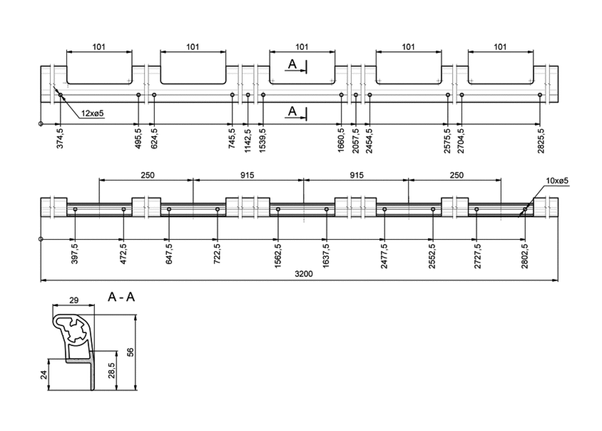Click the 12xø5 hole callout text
pos(93,113)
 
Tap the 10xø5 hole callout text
pos(556,181)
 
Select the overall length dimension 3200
pos(304,274)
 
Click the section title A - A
pos(121,297)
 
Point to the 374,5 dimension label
pos(61,138)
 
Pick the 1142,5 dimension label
pos(248,141)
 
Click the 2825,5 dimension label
pos(541,141)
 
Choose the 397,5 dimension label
pos(75,253)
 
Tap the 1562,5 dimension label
pos(278,255)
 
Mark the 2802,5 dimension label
pos(525,255)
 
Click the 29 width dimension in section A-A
pos(73,300)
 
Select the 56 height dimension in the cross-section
pos(131,353)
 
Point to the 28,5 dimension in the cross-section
pos(111,370)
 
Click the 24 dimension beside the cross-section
pos(44,375)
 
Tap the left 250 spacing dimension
pos(148,175)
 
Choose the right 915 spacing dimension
pos(357,175)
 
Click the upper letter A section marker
pos(292,64)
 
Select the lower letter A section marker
pos(292,111)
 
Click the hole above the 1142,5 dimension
pos(248,95)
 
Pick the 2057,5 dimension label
pos(355,141)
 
